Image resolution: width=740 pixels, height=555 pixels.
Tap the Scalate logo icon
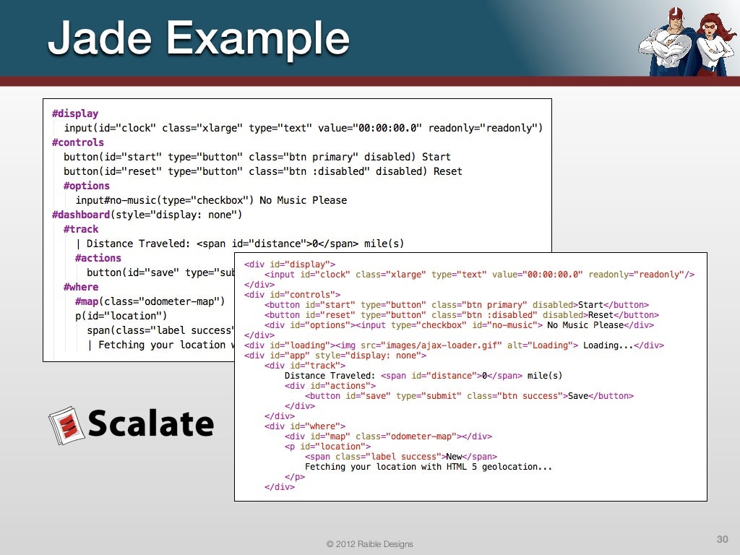coord(64,424)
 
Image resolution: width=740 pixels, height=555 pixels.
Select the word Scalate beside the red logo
coord(151,423)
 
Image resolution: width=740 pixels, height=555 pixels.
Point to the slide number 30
coord(722,539)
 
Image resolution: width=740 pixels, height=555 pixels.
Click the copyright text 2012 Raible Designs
coord(369,543)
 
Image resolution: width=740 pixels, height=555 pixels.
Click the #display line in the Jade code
coord(75,113)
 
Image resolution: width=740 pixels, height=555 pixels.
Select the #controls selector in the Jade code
coord(78,142)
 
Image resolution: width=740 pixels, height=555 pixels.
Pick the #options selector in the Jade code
coord(87,186)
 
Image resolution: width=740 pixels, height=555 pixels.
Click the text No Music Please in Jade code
coord(304,200)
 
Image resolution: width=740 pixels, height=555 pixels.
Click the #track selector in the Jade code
coord(81,229)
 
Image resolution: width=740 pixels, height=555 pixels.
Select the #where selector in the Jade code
coord(81,287)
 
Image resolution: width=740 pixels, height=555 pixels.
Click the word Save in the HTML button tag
coord(578,396)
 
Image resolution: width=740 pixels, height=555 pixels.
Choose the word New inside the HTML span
coord(454,457)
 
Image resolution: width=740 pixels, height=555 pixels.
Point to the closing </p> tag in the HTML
coord(295,477)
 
